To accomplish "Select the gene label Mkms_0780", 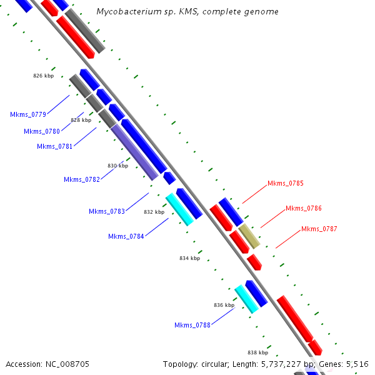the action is click(x=42, y=131).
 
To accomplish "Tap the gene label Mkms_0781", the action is click(x=55, y=146).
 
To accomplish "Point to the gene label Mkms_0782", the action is click(x=82, y=179).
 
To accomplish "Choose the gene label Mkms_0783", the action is click(x=107, y=211).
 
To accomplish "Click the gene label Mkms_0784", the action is click(x=126, y=236).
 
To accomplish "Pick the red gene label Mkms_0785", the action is click(x=286, y=183).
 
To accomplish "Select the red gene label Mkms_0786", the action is click(x=304, y=208).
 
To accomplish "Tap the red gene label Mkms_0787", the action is click(x=319, y=229).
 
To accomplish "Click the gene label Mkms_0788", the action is click(x=192, y=325).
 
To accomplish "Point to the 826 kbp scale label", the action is click(x=44, y=76).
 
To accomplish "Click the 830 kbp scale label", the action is click(x=117, y=166).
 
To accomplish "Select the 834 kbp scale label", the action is click(x=189, y=258).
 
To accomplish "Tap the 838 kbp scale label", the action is click(x=257, y=352).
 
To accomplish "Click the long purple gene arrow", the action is click(x=134, y=152).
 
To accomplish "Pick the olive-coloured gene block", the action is click(x=249, y=236).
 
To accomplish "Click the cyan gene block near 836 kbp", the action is click(x=246, y=298).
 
